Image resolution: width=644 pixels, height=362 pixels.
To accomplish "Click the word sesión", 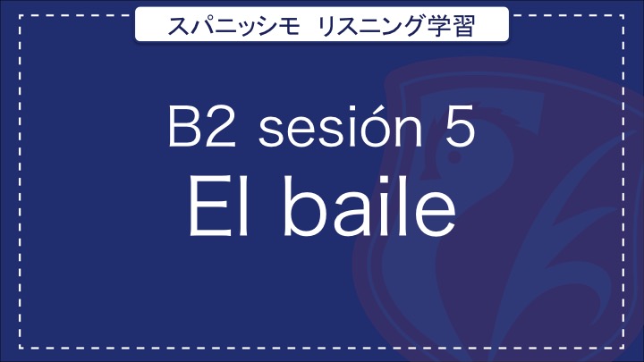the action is [x=340, y=126].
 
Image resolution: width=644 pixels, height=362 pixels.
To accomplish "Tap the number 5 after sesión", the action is [x=460, y=126].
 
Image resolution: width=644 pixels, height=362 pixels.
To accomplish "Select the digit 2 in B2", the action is [x=221, y=126].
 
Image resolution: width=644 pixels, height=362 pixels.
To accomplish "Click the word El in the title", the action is [x=219, y=206].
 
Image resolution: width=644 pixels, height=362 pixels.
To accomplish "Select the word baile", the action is [x=369, y=206].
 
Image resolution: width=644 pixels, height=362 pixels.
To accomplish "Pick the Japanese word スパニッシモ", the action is [x=233, y=25].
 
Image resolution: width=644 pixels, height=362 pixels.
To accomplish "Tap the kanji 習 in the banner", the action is [x=463, y=25].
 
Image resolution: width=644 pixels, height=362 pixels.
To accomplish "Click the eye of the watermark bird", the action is [x=453, y=156].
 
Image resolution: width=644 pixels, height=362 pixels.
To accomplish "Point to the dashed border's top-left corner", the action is [x=20, y=15].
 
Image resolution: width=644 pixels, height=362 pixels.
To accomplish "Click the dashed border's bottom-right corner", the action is [x=623, y=347].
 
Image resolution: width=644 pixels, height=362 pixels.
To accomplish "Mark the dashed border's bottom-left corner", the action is [x=20, y=347].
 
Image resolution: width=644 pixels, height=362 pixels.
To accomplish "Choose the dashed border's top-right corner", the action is [x=623, y=15].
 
